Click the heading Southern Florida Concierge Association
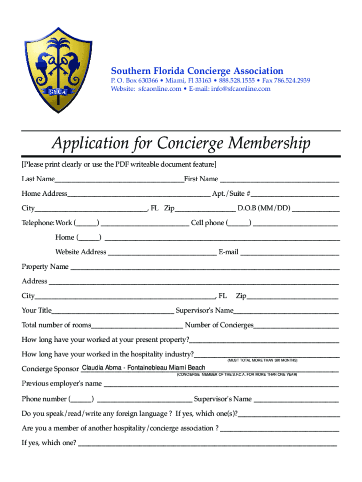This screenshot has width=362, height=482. (197, 71)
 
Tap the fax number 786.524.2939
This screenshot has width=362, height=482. (292, 80)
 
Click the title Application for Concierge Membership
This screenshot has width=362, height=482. (181, 143)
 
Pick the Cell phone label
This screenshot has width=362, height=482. (207, 223)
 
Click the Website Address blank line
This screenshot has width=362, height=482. (162, 252)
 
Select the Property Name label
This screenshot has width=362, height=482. (45, 267)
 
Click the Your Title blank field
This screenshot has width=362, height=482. (113, 310)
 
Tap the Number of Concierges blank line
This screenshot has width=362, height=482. (296, 325)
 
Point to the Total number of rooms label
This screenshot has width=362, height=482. (56, 325)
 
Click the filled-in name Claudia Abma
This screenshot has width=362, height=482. (102, 368)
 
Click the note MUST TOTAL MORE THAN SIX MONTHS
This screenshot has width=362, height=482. (262, 360)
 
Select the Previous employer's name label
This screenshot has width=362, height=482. (62, 384)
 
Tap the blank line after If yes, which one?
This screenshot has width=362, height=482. (207, 443)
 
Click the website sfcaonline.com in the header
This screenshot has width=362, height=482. (159, 89)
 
